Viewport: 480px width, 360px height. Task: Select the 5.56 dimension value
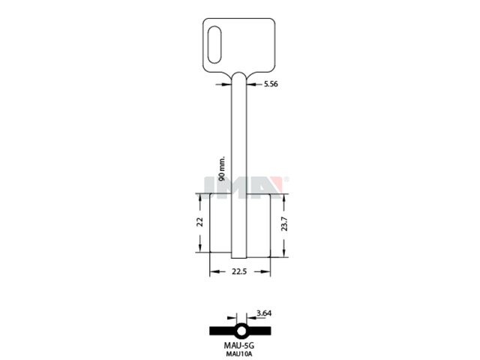click(271, 84)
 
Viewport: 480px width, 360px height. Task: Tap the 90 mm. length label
click(222, 168)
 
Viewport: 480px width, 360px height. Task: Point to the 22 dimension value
click(200, 222)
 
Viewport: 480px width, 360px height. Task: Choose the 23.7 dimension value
click(284, 223)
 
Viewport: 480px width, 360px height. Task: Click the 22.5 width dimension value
click(239, 271)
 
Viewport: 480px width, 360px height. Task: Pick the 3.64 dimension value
click(264, 313)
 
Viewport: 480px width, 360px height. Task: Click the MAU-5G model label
click(239, 346)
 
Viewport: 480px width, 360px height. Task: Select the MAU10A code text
click(239, 354)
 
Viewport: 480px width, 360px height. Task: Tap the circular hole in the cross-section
click(241, 331)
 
